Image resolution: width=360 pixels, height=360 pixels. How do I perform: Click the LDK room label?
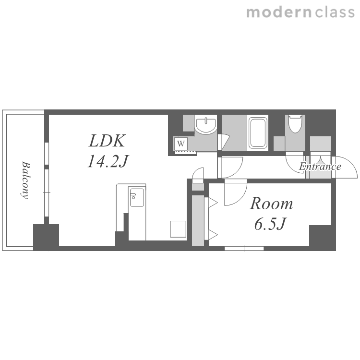click(107, 141)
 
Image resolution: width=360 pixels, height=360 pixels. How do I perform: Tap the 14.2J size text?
click(108, 161)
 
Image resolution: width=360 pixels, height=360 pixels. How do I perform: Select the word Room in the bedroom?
click(271, 204)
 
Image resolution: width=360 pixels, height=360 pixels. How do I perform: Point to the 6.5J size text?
click(270, 224)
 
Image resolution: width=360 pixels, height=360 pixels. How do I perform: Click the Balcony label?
click(26, 180)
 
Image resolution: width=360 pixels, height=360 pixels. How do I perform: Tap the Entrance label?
click(320, 166)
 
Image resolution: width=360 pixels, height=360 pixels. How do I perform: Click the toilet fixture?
click(295, 124)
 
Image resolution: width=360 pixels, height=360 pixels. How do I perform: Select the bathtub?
click(258, 132)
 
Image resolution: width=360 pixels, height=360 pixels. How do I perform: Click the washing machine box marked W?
click(181, 144)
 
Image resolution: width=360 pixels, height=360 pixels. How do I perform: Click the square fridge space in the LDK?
click(178, 229)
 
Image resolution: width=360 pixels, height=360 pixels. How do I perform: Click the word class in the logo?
click(335, 12)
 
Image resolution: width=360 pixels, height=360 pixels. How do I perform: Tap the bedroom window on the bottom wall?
click(244, 249)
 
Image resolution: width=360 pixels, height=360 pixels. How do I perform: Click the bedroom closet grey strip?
click(198, 220)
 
